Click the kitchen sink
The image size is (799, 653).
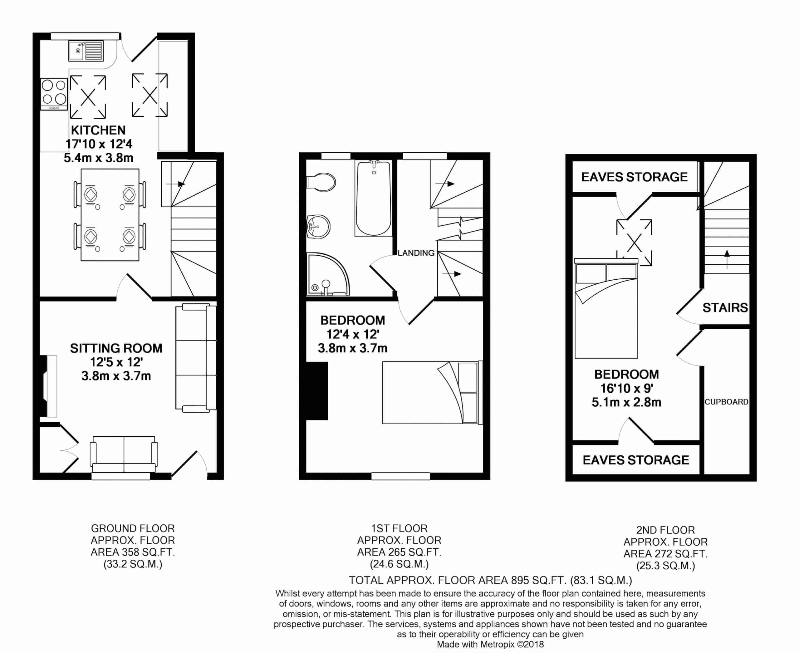86,51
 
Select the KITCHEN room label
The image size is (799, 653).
98,130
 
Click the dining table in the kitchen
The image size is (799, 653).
110,215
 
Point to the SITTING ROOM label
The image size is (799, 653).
116,348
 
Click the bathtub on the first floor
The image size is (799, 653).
374,198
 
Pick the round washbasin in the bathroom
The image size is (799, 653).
318,226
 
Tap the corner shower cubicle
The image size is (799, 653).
328,274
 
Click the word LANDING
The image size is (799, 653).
416,253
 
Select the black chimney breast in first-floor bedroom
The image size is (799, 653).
317,391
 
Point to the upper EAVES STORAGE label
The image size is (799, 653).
635,177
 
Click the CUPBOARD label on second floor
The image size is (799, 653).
726,402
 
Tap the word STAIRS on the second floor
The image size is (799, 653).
725,308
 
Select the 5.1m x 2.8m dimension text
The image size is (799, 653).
627,402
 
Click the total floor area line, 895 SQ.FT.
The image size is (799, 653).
490,580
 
